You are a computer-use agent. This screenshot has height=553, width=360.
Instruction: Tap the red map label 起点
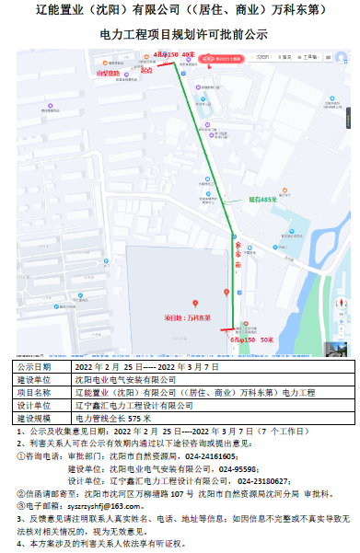(145, 69)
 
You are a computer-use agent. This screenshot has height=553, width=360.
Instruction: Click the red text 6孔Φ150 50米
(251, 340)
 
